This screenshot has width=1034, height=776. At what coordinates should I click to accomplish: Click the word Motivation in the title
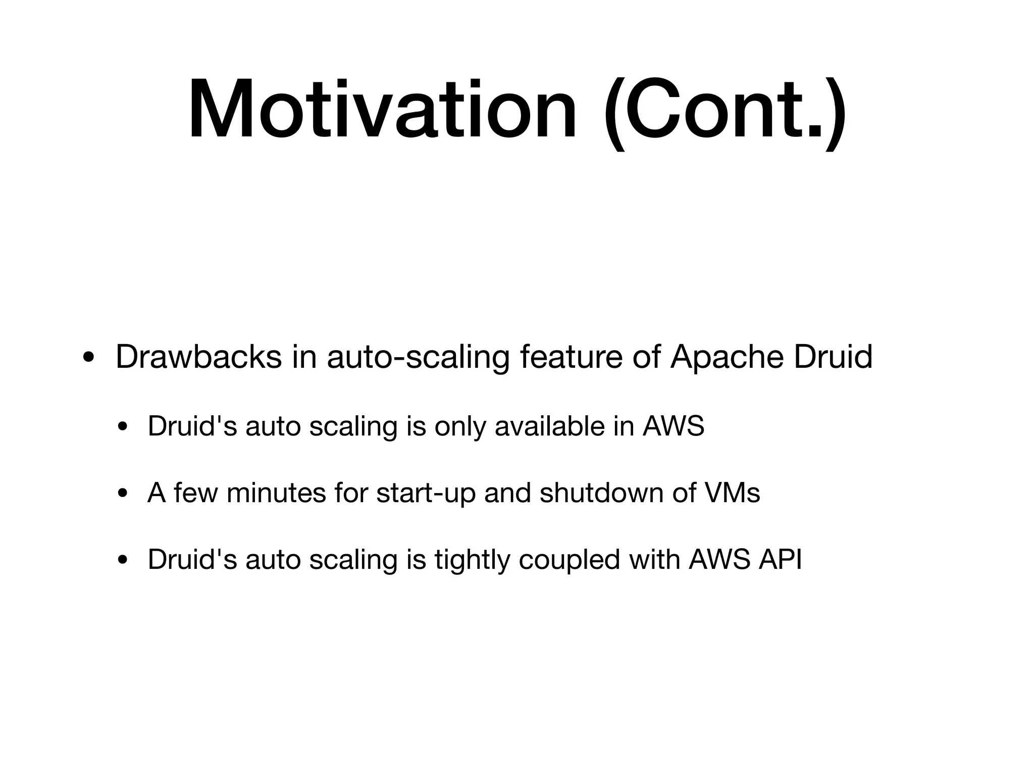pyautogui.click(x=382, y=109)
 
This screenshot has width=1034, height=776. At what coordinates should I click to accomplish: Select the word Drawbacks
pyautogui.click(x=198, y=357)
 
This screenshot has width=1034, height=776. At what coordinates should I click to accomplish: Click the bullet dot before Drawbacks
pyautogui.click(x=88, y=359)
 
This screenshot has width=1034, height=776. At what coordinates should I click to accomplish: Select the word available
pyautogui.click(x=549, y=426)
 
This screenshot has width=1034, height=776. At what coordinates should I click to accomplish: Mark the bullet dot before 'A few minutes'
pyautogui.click(x=121, y=494)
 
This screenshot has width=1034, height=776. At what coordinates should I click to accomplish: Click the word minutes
pyautogui.click(x=276, y=493)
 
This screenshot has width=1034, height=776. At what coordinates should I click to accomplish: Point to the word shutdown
pyautogui.click(x=601, y=493)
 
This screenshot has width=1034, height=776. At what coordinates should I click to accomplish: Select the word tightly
pyautogui.click(x=472, y=559)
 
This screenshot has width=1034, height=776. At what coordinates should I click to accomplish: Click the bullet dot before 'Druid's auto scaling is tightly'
pyautogui.click(x=121, y=560)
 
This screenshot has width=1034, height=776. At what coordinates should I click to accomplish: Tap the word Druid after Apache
pyautogui.click(x=833, y=357)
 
